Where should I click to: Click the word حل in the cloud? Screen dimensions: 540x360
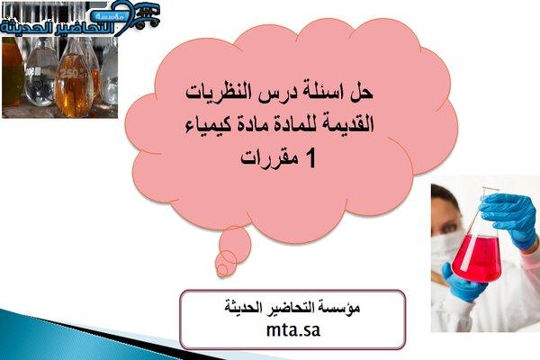coord(362,93)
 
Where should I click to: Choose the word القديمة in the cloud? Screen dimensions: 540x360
coord(347,124)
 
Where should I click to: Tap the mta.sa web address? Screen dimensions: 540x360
coord(293,330)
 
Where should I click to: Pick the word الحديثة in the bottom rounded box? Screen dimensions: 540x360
coord(242,307)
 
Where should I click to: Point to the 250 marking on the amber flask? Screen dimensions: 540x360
coord(69,73)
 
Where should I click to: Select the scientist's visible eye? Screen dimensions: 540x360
coord(448,228)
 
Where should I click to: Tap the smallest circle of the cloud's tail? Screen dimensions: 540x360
coord(222,270)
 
